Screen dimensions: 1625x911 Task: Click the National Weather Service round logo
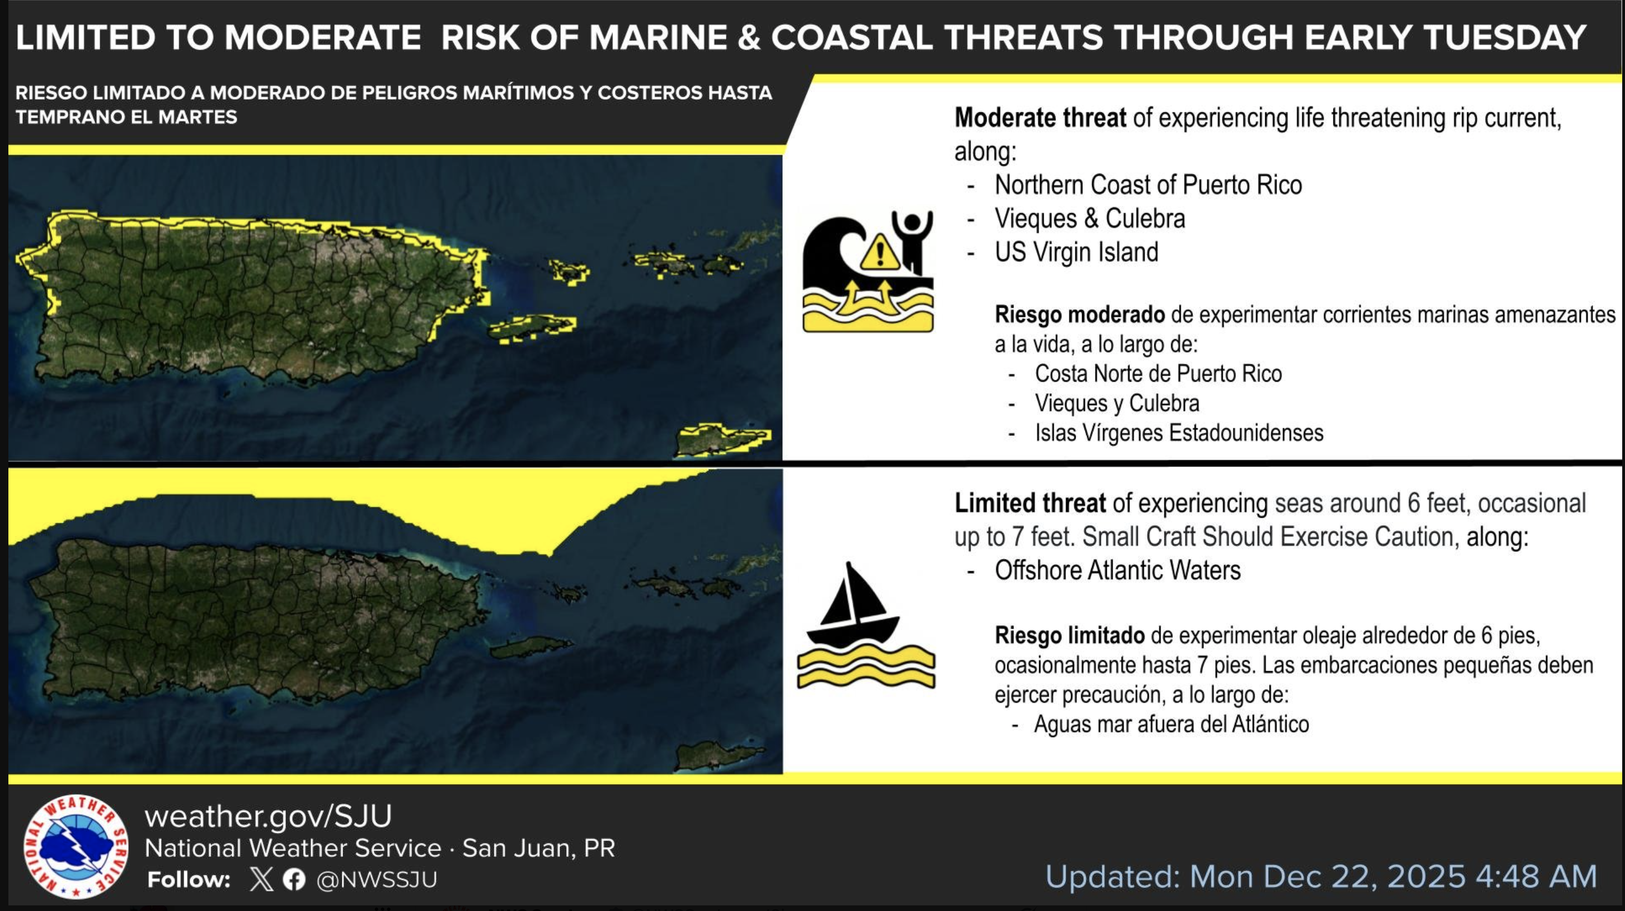(x=76, y=847)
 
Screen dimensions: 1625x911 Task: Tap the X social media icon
(x=261, y=879)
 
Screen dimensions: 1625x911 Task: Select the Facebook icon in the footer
(x=294, y=879)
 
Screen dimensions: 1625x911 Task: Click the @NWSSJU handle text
(x=377, y=879)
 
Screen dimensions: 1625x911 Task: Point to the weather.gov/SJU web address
(x=268, y=816)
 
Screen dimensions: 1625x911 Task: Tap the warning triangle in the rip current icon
(x=880, y=252)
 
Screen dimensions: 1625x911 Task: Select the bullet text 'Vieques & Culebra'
(x=1089, y=218)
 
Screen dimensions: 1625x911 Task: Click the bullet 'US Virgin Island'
(x=1076, y=252)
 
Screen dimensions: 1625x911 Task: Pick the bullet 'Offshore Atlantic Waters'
(x=1117, y=570)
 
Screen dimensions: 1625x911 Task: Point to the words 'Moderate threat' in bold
(x=1040, y=118)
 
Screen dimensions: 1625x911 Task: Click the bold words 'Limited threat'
(x=1030, y=503)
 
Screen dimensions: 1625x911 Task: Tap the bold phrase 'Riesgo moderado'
(x=1079, y=314)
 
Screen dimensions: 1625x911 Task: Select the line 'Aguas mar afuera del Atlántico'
(x=1171, y=724)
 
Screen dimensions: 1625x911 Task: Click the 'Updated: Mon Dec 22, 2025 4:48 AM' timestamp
(x=1321, y=876)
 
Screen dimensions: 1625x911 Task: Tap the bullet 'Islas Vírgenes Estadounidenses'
(x=1179, y=433)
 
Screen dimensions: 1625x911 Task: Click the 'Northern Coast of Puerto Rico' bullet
(x=1148, y=185)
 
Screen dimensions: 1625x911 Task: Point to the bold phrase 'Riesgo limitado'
(x=1069, y=635)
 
